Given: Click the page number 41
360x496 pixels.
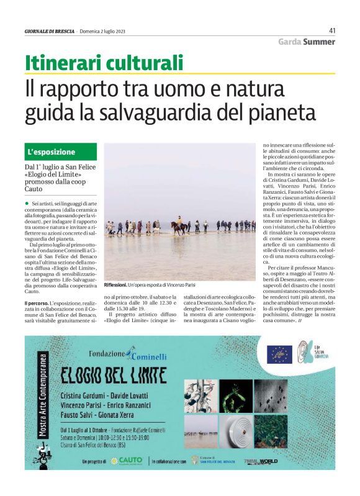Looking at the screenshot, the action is coord(332,30).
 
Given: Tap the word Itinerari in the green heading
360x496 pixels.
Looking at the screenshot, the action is coord(61,63).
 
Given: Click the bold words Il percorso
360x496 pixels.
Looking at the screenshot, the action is coord(37,303).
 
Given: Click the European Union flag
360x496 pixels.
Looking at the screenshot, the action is coord(279,354).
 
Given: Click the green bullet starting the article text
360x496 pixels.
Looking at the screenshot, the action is coord(27,204).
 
